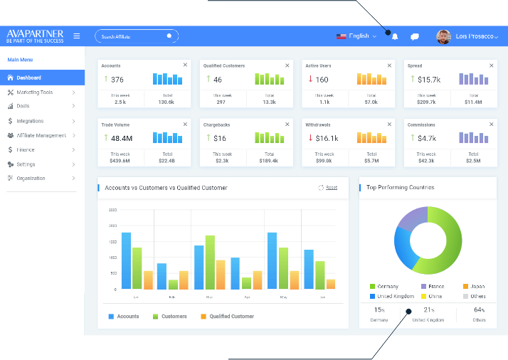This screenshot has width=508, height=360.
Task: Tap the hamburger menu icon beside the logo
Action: [77, 36]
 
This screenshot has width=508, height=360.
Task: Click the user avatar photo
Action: [443, 36]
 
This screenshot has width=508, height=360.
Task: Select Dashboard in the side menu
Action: [28, 78]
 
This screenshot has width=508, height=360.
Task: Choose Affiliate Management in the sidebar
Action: [41, 135]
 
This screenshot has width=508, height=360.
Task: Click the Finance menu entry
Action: [25, 150]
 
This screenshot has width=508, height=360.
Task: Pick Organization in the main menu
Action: [31, 179]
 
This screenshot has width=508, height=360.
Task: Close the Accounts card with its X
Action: [185, 65]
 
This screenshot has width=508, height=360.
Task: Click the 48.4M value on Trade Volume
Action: [121, 138]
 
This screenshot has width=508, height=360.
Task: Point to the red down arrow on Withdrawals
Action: [311, 137]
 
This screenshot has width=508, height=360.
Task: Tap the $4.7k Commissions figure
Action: [427, 138]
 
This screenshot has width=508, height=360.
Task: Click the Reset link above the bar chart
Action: [328, 188]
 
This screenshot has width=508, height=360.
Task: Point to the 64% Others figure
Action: [479, 310]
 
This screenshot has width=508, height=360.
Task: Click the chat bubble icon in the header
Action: [415, 36]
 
